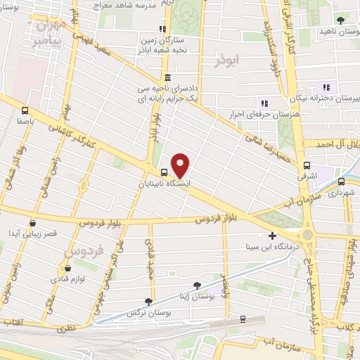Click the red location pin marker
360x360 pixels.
181,165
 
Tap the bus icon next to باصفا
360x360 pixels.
26,110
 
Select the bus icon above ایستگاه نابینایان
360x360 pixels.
163,172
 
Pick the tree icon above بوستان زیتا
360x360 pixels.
197,285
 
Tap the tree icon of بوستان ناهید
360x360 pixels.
341,20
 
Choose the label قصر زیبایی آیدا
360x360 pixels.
32,233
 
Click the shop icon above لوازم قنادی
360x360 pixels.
68,269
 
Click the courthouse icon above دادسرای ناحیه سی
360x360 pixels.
167,77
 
